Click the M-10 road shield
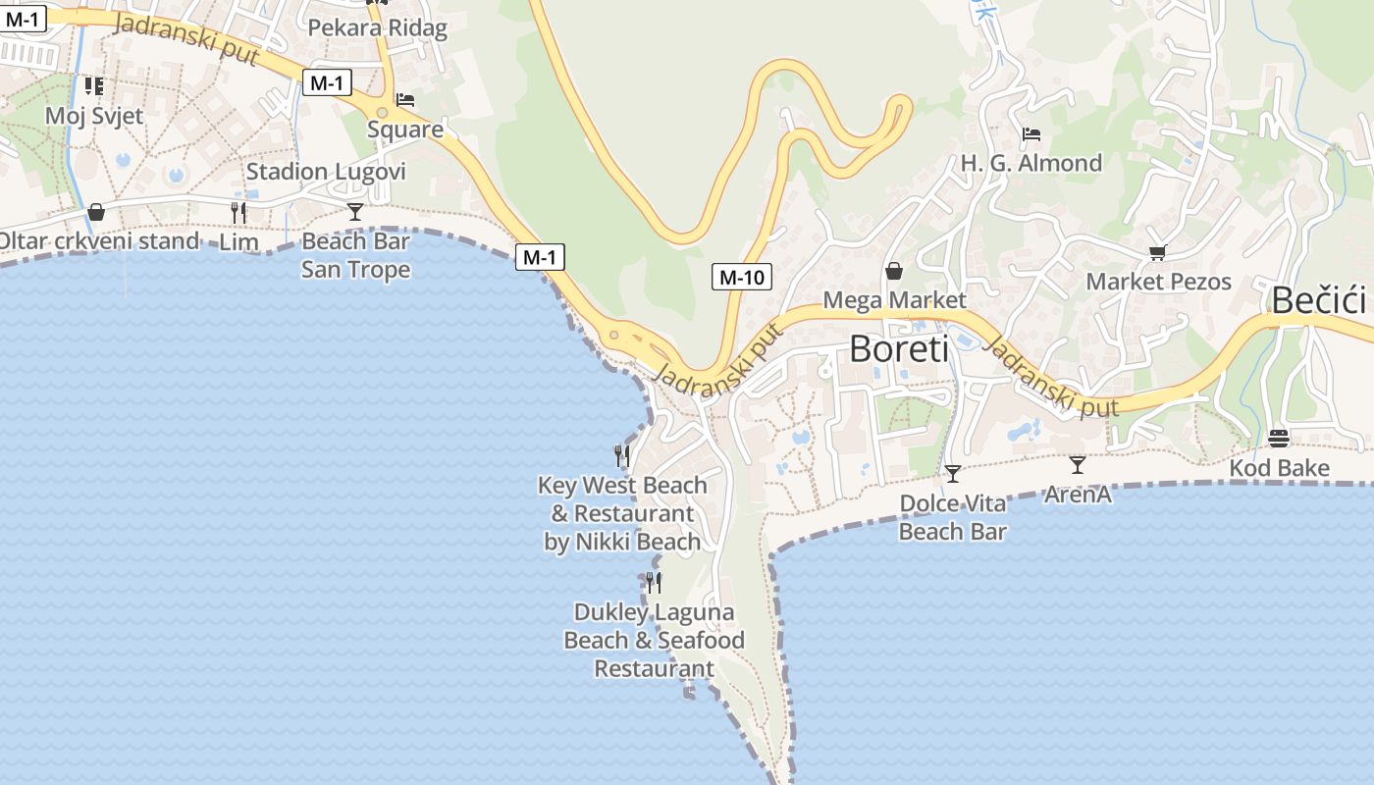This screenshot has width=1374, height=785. (741, 277)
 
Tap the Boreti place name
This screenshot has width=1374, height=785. (899, 348)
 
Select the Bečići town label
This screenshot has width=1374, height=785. (1319, 300)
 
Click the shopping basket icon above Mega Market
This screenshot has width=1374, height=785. (894, 270)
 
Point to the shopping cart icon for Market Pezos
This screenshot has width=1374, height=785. (1158, 253)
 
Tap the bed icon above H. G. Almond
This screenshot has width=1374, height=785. (1030, 133)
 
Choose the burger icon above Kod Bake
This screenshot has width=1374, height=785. (1279, 438)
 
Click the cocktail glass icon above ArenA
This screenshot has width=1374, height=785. (1078, 464)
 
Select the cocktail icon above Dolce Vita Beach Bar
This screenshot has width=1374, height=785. (952, 474)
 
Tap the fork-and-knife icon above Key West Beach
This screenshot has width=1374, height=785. (622, 455)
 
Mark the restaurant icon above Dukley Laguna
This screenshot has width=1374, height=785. (654, 583)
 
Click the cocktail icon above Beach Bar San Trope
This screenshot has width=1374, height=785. (355, 211)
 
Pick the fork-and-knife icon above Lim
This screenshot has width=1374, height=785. (238, 212)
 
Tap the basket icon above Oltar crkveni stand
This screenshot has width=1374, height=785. (96, 211)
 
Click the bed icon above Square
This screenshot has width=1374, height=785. (405, 100)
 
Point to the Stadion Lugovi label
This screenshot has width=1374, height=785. (326, 172)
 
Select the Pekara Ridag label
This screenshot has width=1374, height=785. (378, 27)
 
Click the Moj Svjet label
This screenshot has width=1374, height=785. (94, 116)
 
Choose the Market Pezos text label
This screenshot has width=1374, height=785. (1158, 282)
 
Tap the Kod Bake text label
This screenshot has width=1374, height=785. (1279, 468)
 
